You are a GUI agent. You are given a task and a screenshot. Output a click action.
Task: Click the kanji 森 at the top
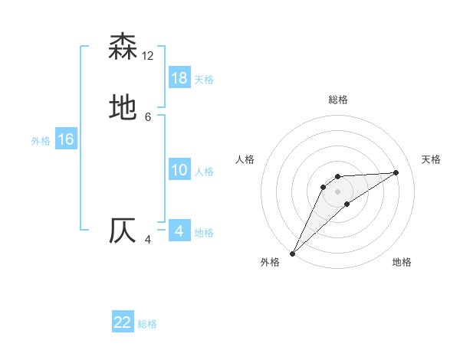point(123,47)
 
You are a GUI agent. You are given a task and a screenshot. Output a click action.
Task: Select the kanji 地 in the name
point(123,108)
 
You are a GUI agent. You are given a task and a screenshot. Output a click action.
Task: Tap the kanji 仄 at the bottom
point(123,231)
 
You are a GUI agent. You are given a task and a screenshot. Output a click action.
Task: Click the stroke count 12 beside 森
point(148,56)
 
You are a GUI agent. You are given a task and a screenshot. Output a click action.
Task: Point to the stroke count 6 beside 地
point(148,117)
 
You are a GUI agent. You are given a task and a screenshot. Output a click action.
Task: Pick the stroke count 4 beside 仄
point(148,240)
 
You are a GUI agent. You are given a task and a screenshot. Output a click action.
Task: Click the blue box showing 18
point(179,78)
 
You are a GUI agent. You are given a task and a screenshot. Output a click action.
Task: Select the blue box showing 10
point(179,170)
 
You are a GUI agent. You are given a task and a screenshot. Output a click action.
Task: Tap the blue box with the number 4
point(179,231)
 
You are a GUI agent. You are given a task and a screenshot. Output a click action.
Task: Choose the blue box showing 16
point(66,139)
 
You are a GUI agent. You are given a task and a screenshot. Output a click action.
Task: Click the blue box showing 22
point(123,322)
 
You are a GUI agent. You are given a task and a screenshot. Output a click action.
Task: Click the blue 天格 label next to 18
point(204,80)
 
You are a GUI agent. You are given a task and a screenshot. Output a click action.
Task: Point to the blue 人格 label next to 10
point(204,172)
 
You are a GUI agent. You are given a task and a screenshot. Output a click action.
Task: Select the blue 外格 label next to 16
point(41,141)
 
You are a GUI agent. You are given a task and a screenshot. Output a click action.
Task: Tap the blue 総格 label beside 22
point(147,324)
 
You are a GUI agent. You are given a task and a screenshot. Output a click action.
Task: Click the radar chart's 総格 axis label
point(337,100)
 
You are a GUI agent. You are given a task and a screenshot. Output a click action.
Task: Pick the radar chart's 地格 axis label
point(402,263)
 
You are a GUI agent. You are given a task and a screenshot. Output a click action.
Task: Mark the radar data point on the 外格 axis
point(292,254)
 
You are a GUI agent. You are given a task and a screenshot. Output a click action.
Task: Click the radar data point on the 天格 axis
point(396,172)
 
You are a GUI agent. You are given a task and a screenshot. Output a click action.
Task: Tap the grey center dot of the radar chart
point(337,191)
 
